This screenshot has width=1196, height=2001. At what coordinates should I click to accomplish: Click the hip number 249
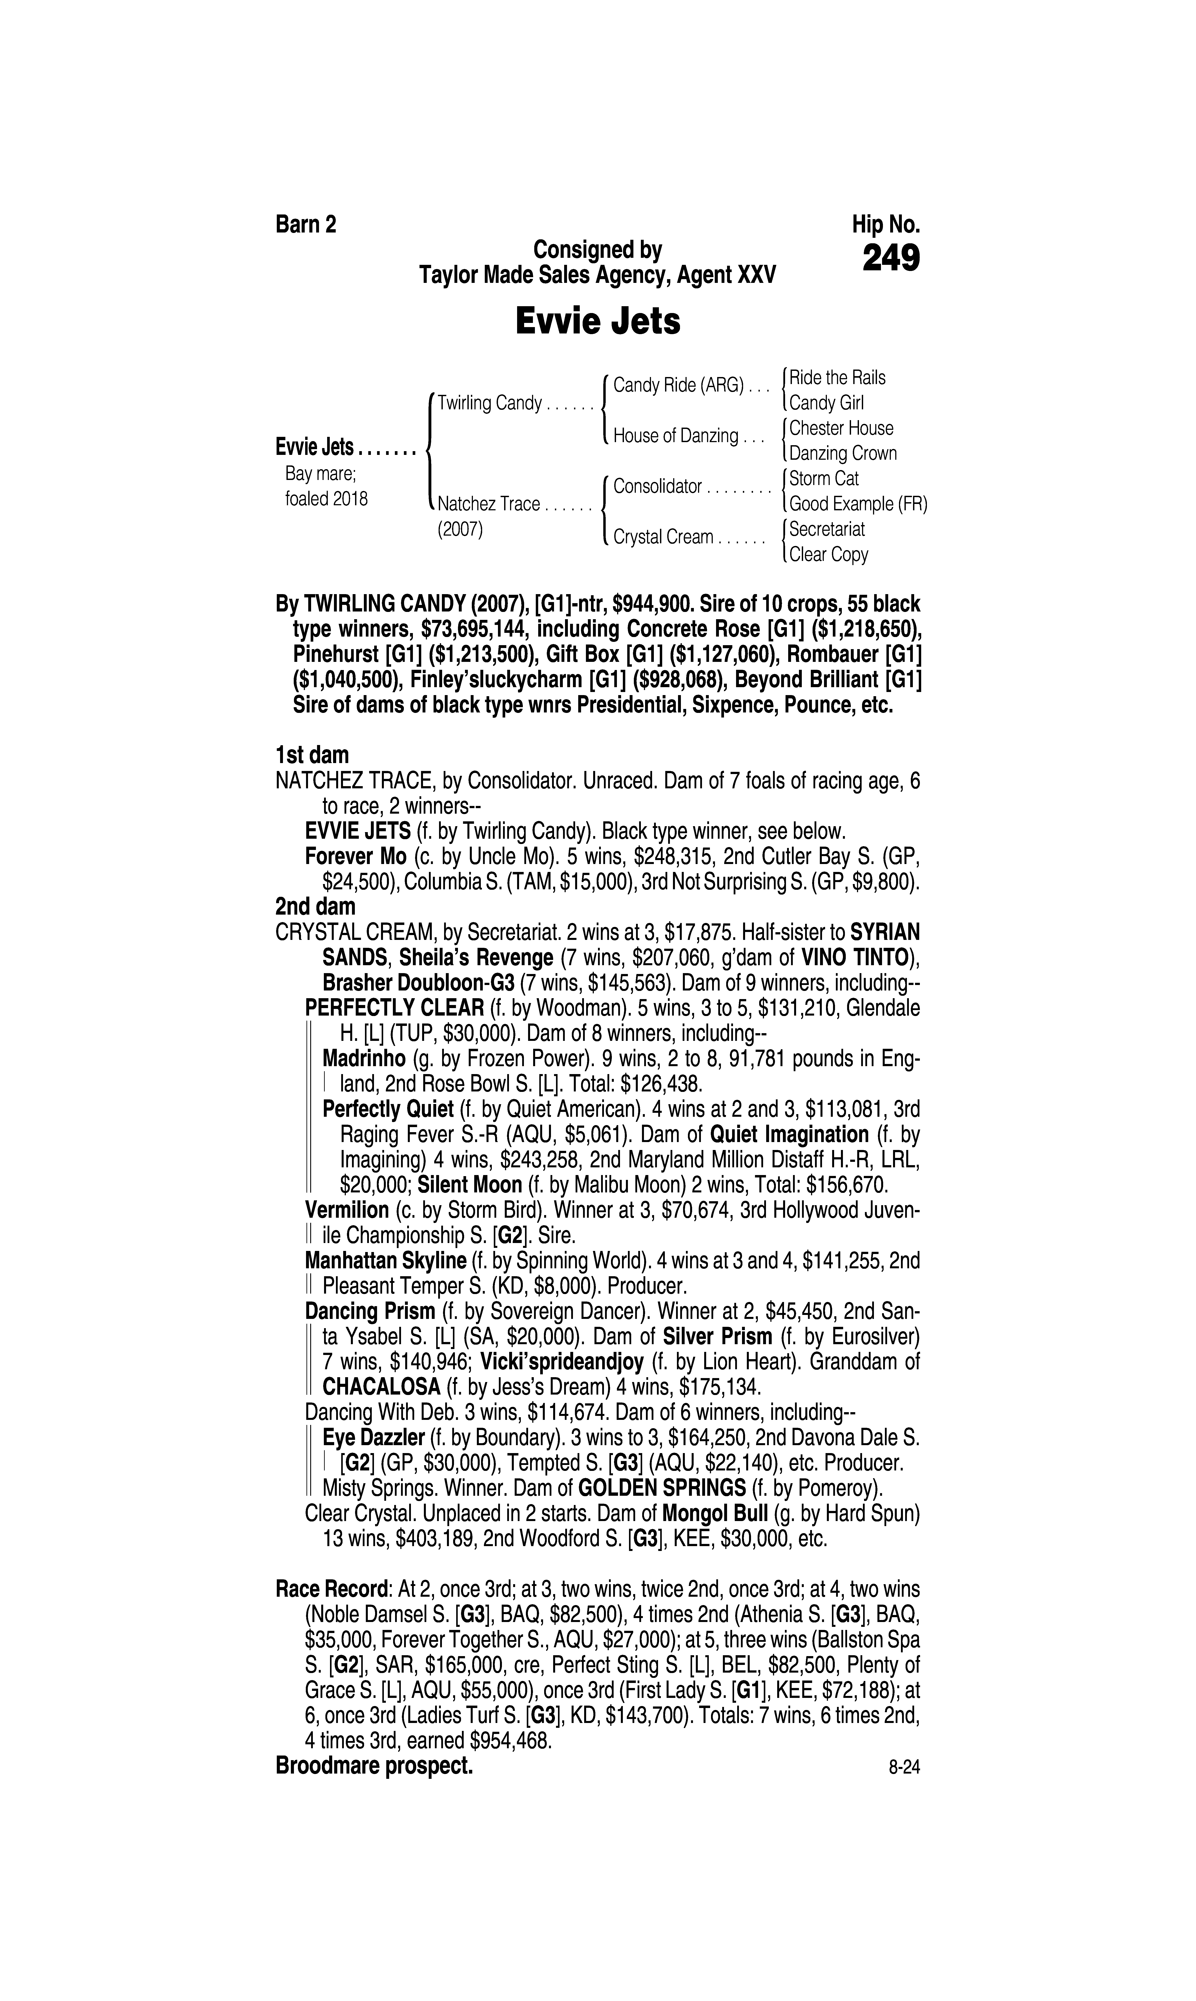(x=891, y=259)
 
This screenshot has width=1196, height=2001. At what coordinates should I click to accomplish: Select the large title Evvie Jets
(x=598, y=322)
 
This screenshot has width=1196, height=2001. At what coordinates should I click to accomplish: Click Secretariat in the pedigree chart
(x=827, y=530)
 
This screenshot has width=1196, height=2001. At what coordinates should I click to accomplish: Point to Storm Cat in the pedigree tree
(x=824, y=479)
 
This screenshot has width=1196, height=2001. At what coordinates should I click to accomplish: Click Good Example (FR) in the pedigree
(x=858, y=505)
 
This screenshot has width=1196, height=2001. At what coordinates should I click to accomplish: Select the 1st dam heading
(x=312, y=755)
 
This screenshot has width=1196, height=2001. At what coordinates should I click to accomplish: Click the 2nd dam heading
(x=315, y=907)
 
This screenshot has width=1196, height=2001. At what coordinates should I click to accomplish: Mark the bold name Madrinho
(x=363, y=1058)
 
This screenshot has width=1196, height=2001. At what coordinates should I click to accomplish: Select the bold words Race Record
(x=331, y=1590)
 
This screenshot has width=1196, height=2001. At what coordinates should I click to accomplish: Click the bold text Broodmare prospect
(x=374, y=1766)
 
